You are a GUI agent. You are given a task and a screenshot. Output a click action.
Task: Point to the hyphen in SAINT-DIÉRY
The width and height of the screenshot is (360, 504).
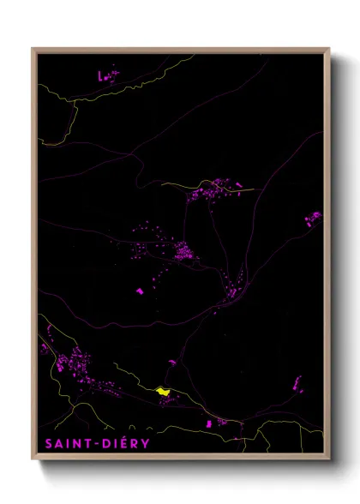pos(94,443)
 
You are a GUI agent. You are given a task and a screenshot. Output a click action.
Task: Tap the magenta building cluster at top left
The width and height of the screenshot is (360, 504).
pos(109,75)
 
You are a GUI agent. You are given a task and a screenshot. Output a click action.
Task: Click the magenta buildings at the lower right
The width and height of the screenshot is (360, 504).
pos(297,382)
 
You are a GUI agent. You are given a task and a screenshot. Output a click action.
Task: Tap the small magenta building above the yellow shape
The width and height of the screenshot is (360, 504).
pos(171,363)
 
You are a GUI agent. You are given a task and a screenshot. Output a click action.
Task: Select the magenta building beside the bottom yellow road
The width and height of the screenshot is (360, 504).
pos(208,423)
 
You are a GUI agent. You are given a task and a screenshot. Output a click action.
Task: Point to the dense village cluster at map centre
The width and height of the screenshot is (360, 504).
pos(183,251)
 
